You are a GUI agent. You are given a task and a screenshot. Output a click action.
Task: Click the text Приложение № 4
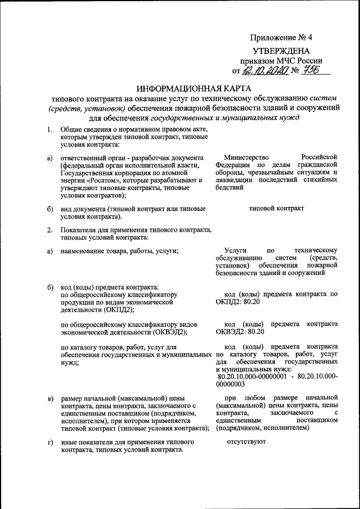tap(281, 38)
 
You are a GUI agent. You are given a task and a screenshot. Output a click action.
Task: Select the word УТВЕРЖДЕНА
tap(284, 51)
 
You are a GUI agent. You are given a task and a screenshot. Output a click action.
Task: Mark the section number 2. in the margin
tap(49, 229)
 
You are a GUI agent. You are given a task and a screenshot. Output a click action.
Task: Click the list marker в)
tap(50, 399)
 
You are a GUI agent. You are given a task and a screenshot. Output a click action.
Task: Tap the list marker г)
tap(50, 443)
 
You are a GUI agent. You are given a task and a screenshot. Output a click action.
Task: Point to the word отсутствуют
tap(245, 442)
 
